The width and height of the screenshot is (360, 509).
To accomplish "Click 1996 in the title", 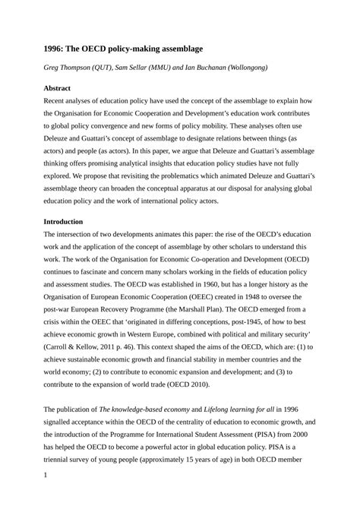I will click(55, 49).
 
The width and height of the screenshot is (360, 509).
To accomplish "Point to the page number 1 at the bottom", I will click(46, 476).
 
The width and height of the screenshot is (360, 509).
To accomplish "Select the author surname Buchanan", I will click(201, 68).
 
